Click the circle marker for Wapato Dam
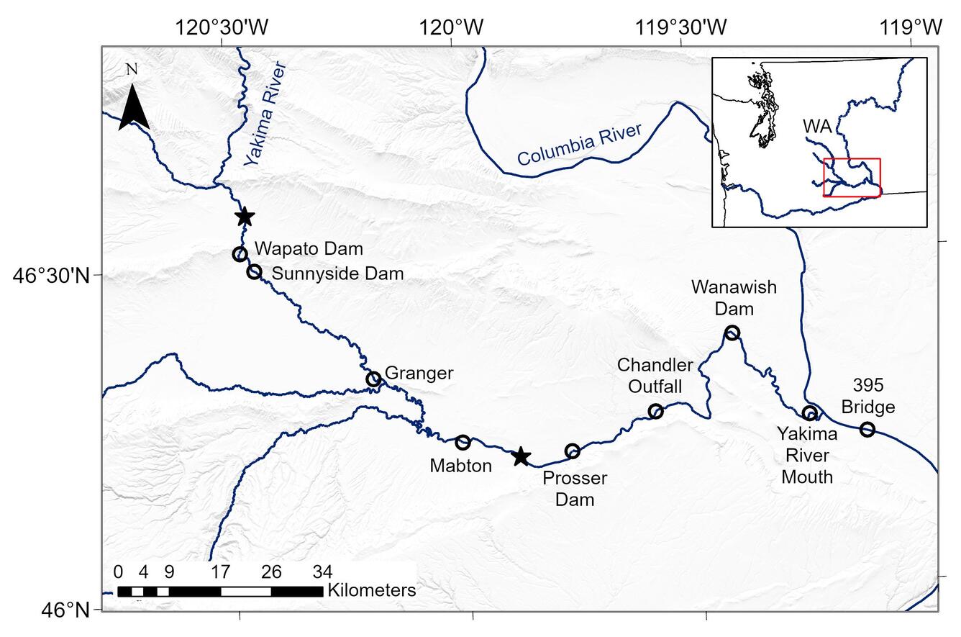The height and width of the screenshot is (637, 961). pos(240,254)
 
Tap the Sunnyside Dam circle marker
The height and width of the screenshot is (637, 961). pos(254,271)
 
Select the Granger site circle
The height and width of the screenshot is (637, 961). pos(373,379)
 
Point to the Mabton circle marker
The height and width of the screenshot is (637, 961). pos(463,442)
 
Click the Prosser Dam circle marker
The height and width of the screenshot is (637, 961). pos(573,451)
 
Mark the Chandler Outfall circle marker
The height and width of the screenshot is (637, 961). pos(655,411)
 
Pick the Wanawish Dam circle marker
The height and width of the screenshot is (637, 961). pos(732,333)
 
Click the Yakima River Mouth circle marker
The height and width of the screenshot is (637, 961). pos(810,413)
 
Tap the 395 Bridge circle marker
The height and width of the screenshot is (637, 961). pos(867,430)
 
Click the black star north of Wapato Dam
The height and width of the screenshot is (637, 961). pos(245,217)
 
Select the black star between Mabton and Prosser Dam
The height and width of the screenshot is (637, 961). pos(521,456)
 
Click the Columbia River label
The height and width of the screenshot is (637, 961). pos(579,145)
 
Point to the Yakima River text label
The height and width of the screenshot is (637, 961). pos(265,114)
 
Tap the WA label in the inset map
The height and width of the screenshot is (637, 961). pos(817,127)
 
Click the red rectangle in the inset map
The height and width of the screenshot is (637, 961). pos(852,177)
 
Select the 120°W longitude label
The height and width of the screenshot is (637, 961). pos(452,27)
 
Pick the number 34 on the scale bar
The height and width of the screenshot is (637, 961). pos(322,572)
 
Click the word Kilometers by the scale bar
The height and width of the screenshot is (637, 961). pos(372,591)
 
